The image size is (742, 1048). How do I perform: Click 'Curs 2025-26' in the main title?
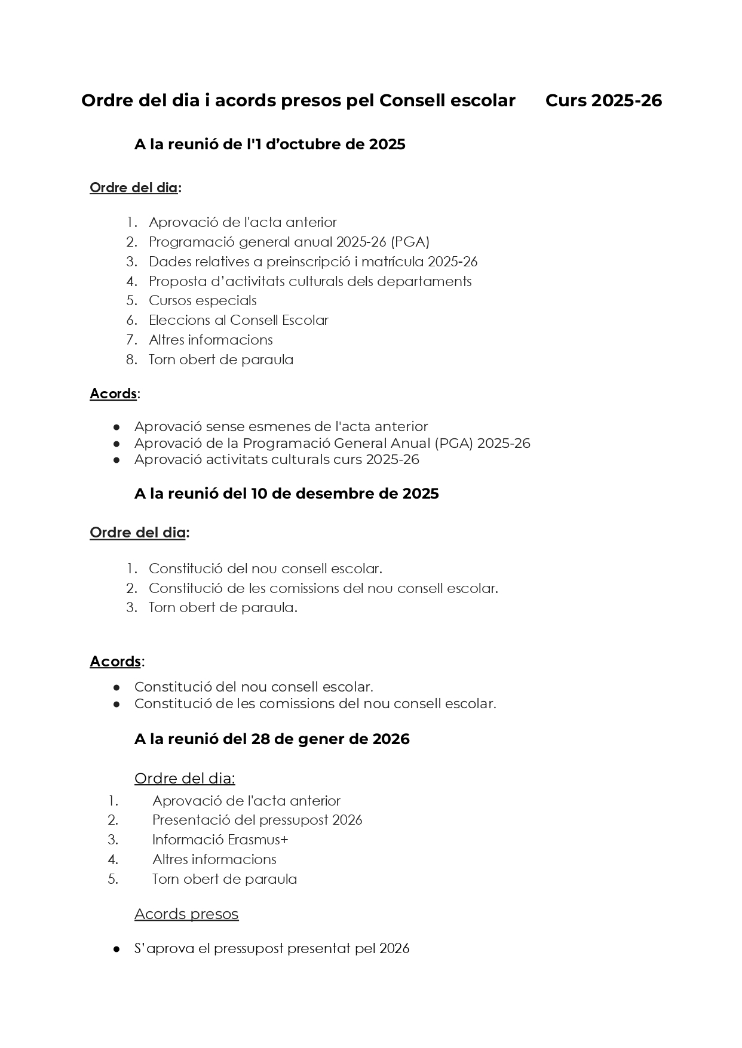603,100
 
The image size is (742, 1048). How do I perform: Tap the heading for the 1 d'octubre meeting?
269,145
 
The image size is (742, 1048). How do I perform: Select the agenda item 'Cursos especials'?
203,300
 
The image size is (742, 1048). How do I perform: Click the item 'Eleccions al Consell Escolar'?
238,320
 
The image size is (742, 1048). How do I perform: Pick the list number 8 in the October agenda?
131,359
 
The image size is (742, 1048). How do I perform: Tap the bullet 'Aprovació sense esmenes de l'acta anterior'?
281,426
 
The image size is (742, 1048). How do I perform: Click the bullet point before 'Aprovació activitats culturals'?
117,460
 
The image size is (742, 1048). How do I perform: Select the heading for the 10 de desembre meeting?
286,494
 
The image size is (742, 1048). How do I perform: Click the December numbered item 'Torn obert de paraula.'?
223,607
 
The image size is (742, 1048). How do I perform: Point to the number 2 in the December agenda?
131,588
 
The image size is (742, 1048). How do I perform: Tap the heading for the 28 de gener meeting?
272,739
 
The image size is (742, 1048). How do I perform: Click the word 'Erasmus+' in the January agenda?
258,840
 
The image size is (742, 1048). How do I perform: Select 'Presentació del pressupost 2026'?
257,820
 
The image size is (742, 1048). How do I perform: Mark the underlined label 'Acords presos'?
186,914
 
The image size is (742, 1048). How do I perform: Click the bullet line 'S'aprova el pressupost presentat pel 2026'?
272,948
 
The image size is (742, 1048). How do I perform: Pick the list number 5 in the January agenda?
113,879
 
